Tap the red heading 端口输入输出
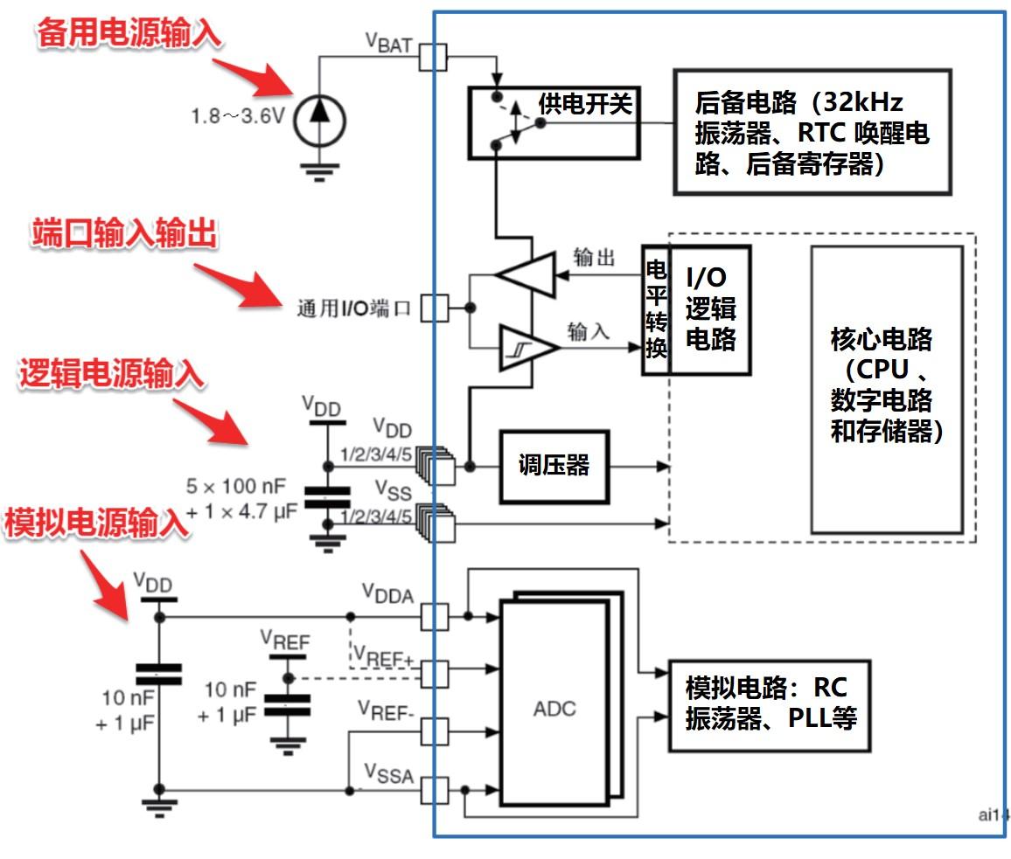pyautogui.click(x=123, y=234)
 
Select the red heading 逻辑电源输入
pyautogui.click(x=111, y=373)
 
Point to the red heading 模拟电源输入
pyautogui.click(x=95, y=522)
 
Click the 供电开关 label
pyautogui.click(x=585, y=104)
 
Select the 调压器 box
pyautogui.click(x=554, y=467)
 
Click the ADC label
pyautogui.click(x=555, y=707)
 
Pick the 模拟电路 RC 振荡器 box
pyautogui.click(x=770, y=704)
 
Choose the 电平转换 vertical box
pyautogui.click(x=656, y=310)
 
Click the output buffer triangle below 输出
pyautogui.click(x=526, y=275)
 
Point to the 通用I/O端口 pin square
pyautogui.click(x=435, y=308)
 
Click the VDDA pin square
pyautogui.click(x=435, y=617)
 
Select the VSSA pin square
pyautogui.click(x=435, y=792)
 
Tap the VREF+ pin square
pyautogui.click(x=435, y=674)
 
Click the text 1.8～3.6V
pyautogui.click(x=238, y=116)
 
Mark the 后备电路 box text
pyautogui.click(x=811, y=134)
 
